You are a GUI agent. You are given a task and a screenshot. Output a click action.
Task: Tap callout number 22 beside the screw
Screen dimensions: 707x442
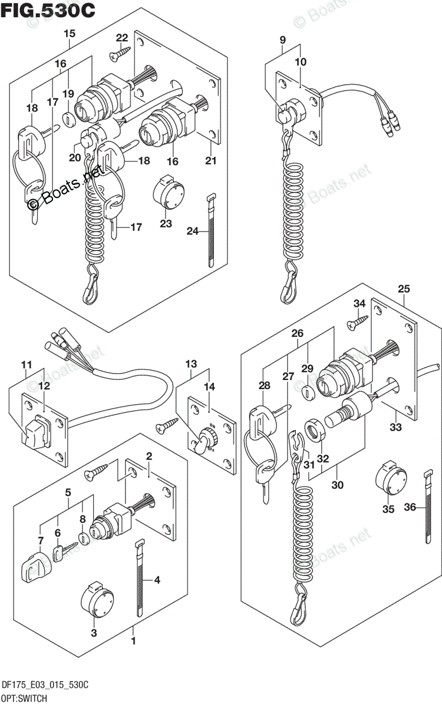[122, 38]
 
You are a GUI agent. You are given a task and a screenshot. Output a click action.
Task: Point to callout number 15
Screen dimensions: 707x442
[70, 34]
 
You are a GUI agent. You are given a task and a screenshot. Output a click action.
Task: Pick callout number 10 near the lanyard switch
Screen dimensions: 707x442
[301, 62]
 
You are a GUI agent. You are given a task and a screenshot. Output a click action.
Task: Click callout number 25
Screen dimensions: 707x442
[404, 289]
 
